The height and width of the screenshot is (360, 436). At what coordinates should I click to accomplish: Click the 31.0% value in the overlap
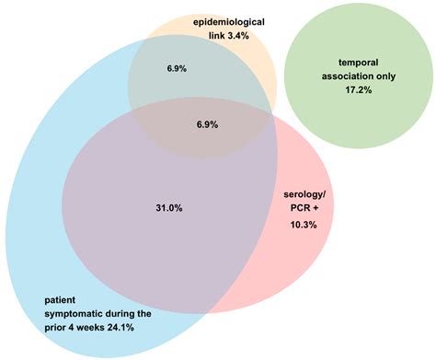tap(169, 209)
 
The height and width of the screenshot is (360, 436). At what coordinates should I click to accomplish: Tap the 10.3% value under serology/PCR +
tap(303, 225)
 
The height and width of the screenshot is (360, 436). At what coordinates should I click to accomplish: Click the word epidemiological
tap(232, 20)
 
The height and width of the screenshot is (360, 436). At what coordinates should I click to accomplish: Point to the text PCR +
tap(304, 210)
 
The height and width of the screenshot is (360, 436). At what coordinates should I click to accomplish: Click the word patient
tap(61, 299)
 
